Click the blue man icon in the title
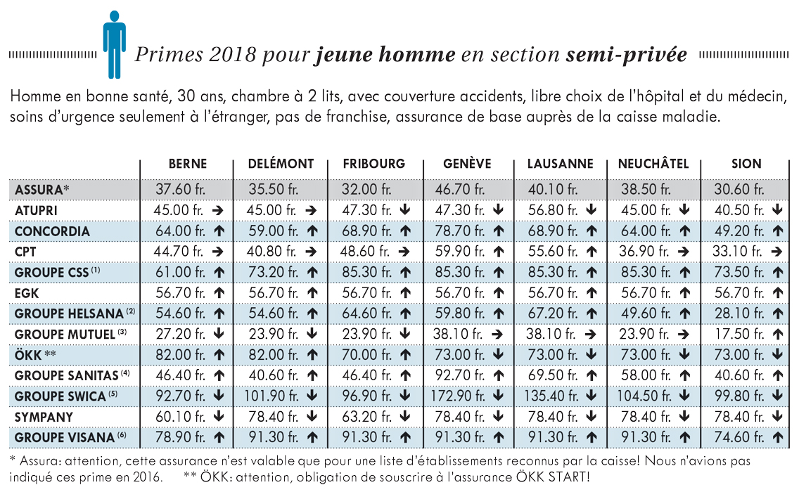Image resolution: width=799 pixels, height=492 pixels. [x=114, y=45]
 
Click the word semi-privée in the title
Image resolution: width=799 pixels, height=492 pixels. [x=626, y=55]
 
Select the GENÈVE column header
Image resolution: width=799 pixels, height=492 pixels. [x=467, y=164]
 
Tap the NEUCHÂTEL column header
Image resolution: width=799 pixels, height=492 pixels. [x=653, y=164]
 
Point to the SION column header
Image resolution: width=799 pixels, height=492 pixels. [x=746, y=164]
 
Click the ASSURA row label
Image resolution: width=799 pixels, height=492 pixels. [x=41, y=190]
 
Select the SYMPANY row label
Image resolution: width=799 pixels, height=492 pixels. [x=44, y=417]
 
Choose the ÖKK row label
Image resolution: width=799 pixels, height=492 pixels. [x=35, y=354]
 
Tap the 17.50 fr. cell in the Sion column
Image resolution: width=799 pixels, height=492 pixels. [x=739, y=334]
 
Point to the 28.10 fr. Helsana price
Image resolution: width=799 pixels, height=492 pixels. [x=739, y=313]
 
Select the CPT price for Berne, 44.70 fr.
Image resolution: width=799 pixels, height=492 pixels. [x=179, y=251]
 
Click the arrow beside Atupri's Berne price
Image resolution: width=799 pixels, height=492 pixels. [x=218, y=210]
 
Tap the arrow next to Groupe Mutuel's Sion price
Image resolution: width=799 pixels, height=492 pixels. [x=778, y=334]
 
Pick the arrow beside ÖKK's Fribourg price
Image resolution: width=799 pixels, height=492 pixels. [x=405, y=354]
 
